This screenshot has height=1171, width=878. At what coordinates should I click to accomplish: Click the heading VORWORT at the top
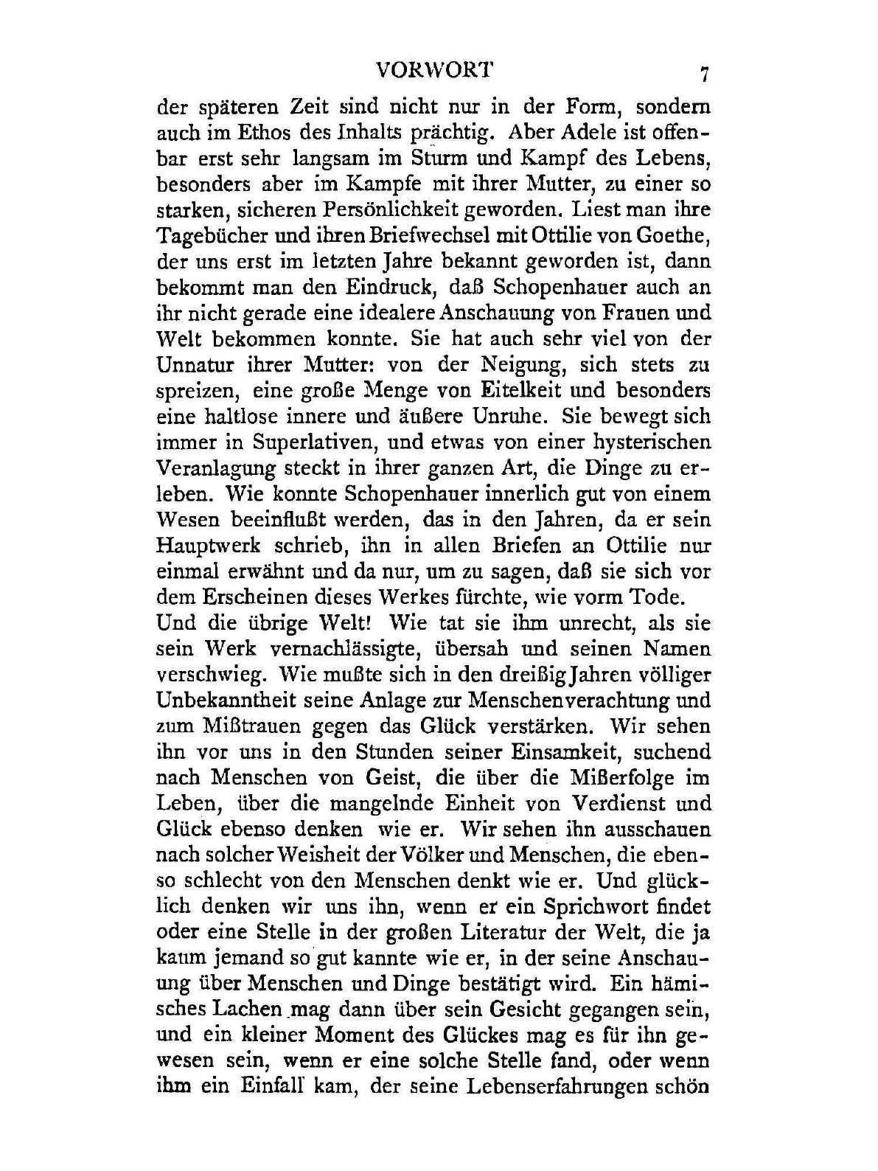433,70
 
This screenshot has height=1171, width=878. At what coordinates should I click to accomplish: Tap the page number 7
705,74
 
